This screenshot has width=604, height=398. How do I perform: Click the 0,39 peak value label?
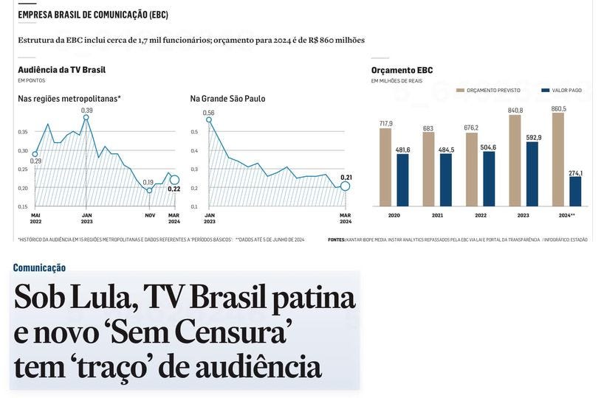[86, 110]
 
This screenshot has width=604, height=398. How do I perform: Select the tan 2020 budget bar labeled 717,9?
[385, 167]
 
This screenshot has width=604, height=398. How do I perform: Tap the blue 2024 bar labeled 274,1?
[575, 191]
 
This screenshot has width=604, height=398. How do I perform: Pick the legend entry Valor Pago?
[566, 90]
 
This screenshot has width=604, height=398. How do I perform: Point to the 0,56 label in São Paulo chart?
[208, 113]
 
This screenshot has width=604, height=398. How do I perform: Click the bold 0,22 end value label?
[174, 189]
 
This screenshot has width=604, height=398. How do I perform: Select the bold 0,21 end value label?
[346, 177]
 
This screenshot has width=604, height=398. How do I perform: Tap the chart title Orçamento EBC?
[402, 70]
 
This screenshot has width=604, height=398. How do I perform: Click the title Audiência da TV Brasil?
[61, 69]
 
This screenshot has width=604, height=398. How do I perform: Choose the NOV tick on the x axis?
[150, 215]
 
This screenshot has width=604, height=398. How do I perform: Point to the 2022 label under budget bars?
[481, 215]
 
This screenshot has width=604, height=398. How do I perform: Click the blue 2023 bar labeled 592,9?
[532, 174]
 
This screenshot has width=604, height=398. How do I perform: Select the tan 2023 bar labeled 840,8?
[515, 160]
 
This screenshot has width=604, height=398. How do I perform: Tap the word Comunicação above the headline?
[39, 268]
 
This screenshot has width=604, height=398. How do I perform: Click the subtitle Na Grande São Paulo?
[227, 99]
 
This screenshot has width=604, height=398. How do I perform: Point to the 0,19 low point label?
[148, 182]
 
